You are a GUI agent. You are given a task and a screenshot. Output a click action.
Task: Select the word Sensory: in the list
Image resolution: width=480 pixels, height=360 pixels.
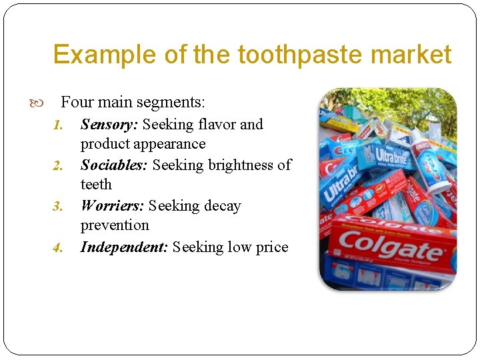(x=109, y=124)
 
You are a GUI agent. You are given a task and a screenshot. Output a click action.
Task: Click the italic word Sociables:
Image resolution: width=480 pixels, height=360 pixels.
(x=115, y=165)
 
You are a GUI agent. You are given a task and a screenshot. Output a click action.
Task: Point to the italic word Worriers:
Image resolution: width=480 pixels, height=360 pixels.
(x=112, y=205)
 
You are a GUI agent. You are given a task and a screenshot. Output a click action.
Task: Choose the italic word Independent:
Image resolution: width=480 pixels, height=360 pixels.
(x=124, y=247)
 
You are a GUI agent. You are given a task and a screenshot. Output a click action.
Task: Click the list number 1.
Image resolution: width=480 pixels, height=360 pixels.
(x=57, y=125)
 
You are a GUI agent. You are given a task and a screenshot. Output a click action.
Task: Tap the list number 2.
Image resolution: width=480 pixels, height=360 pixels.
(x=57, y=165)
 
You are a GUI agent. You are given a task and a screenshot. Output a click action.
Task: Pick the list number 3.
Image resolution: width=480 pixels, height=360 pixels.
(x=57, y=206)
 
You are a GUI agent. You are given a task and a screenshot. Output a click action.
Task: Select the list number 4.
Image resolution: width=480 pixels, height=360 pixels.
(x=57, y=247)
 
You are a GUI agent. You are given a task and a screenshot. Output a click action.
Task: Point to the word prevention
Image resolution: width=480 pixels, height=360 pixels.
(x=115, y=225)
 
